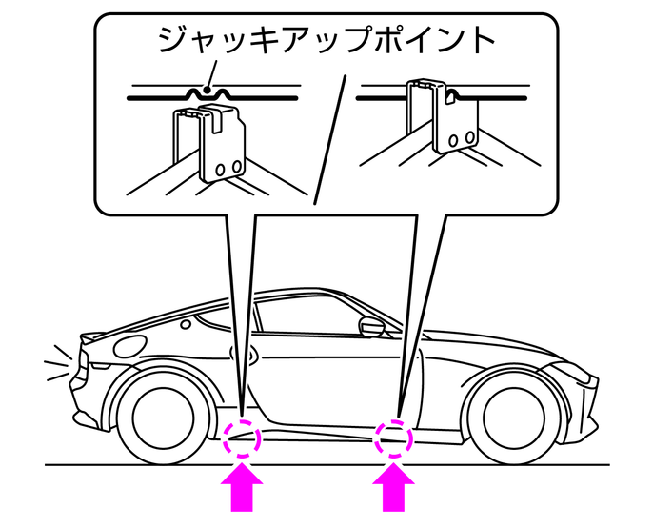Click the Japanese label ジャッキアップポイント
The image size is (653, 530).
coord(326,41)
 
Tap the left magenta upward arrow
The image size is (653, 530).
coord(243,490)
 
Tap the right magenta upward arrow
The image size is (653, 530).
coord(393,490)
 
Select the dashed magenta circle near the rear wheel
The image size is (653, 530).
coord(241,439)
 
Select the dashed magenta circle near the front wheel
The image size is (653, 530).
coord(394,438)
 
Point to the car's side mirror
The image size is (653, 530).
coord(370,327)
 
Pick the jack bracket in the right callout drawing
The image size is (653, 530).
coord(444,120)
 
